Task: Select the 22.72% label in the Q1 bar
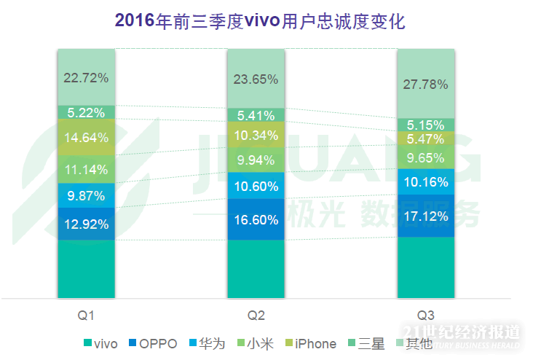tap(86, 77)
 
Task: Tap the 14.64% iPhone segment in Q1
tap(86, 137)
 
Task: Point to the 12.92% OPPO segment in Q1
tap(86, 224)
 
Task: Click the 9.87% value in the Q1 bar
tap(86, 196)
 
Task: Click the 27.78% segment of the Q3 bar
tap(425, 85)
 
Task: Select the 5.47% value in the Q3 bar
tap(425, 138)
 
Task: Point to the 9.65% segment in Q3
tap(425, 157)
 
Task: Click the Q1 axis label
tap(87, 316)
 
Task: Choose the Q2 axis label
tap(256, 316)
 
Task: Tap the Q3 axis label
tap(426, 316)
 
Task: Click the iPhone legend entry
tap(309, 343)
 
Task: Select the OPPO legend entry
tap(152, 343)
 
